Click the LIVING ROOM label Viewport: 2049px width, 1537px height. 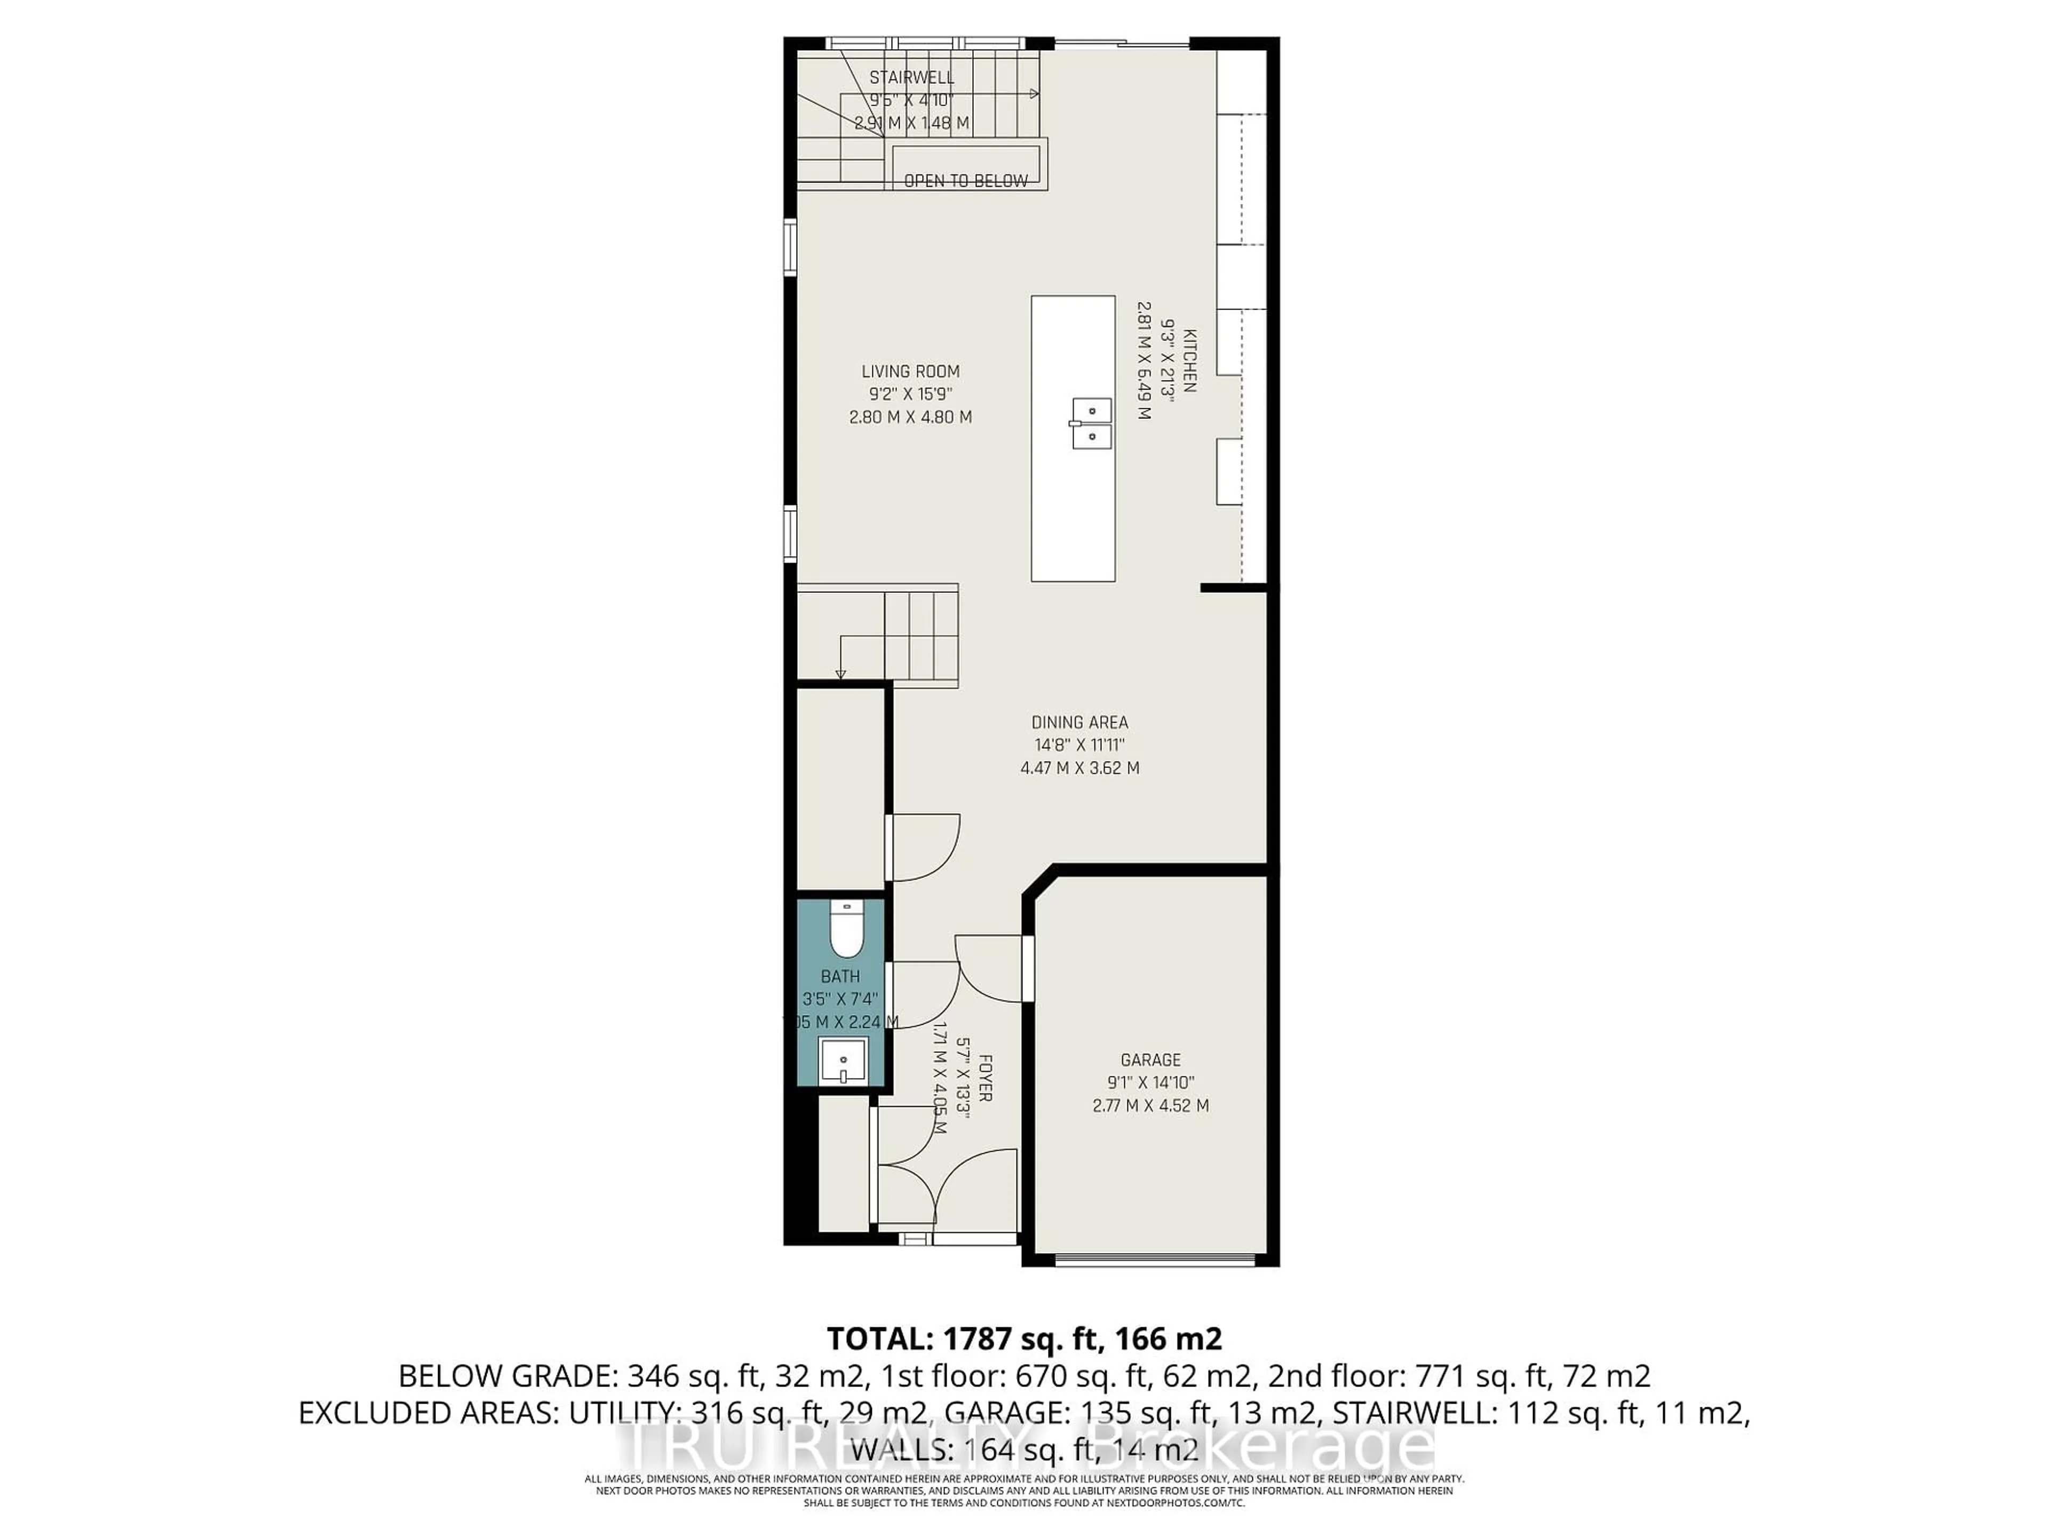pos(910,371)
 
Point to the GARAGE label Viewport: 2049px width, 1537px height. pos(1150,1060)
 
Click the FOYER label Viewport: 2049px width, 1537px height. pos(984,1076)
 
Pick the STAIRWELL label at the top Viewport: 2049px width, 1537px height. pos(911,78)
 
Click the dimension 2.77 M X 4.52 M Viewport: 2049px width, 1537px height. pos(1150,1105)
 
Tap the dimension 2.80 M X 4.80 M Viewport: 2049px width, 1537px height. pos(910,417)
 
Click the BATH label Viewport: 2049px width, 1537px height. pos(840,977)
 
